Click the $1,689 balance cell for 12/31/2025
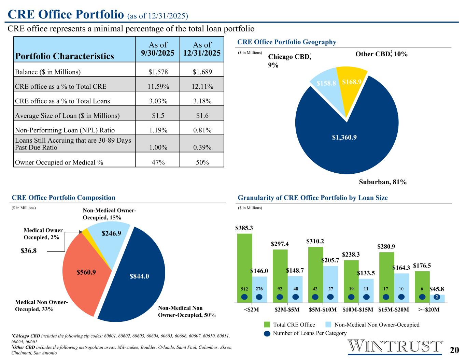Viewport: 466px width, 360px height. [x=202, y=72]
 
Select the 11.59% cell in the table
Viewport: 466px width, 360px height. [x=158, y=86]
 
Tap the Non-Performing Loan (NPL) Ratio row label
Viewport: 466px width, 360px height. [x=65, y=130]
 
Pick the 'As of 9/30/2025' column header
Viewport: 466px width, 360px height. [x=158, y=49]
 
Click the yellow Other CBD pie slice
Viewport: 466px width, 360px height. [x=351, y=89]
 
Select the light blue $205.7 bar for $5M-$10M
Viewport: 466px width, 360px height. [x=330, y=283]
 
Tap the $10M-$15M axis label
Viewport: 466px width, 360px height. [x=358, y=310]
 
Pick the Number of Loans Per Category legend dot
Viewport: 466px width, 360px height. [x=268, y=333]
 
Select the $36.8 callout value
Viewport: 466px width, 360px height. [x=29, y=251]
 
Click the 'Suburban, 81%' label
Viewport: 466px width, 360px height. [x=382, y=182]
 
